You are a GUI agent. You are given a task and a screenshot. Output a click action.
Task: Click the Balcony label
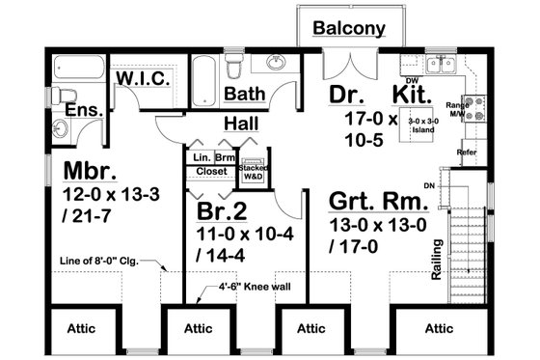(350, 29)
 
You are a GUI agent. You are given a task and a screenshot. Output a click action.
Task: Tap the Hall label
(240, 124)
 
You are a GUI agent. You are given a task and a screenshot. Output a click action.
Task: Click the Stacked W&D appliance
(254, 170)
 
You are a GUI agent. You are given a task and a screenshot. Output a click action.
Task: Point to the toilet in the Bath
(233, 69)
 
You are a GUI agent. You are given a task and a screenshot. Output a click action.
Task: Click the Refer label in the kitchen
(466, 152)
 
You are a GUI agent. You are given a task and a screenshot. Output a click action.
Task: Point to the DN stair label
(429, 185)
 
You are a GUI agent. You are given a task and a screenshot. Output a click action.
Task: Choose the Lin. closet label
(201, 156)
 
